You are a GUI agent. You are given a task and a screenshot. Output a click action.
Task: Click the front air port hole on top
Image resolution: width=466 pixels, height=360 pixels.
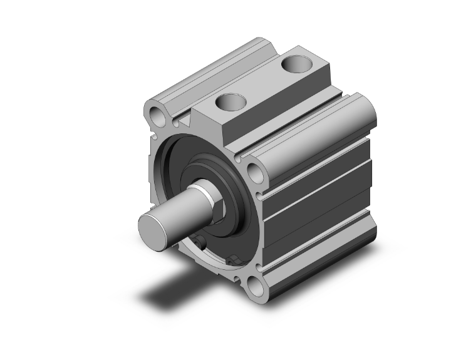coord(230,101)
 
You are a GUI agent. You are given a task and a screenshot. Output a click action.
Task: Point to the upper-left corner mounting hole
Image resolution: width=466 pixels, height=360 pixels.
coord(155,115)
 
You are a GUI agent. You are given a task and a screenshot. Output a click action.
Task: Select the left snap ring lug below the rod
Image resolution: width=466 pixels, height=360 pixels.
coord(200,242)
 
